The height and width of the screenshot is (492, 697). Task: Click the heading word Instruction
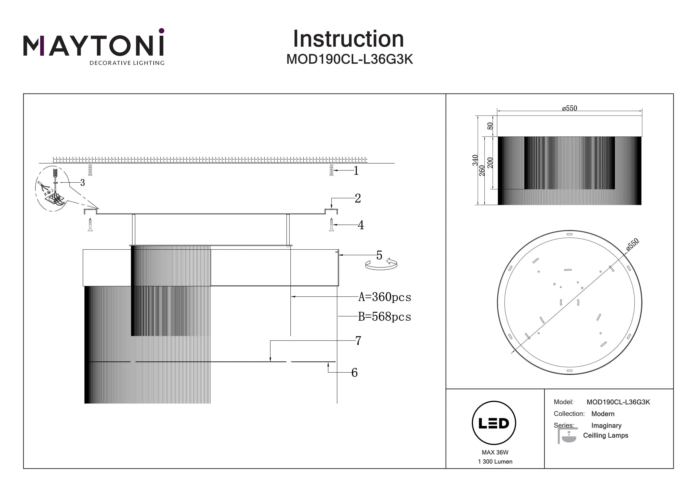(x=348, y=39)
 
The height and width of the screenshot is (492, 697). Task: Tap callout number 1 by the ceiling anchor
(x=356, y=171)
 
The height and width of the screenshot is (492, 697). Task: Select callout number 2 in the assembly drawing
(x=358, y=198)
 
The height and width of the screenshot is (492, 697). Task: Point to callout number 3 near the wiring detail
(x=82, y=183)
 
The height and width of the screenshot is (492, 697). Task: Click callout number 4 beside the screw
(x=361, y=225)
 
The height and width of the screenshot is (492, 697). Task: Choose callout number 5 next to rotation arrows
(x=379, y=255)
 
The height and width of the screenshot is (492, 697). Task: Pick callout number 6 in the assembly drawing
(x=354, y=373)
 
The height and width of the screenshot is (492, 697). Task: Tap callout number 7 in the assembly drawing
(x=358, y=341)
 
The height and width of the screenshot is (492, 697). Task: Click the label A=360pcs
(x=385, y=297)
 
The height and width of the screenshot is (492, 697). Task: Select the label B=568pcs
(x=384, y=317)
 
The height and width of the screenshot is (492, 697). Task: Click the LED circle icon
(x=494, y=423)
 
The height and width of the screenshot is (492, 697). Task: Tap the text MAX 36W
(x=495, y=452)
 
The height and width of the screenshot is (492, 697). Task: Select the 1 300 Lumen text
(x=495, y=462)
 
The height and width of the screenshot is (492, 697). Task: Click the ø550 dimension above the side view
(x=569, y=108)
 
